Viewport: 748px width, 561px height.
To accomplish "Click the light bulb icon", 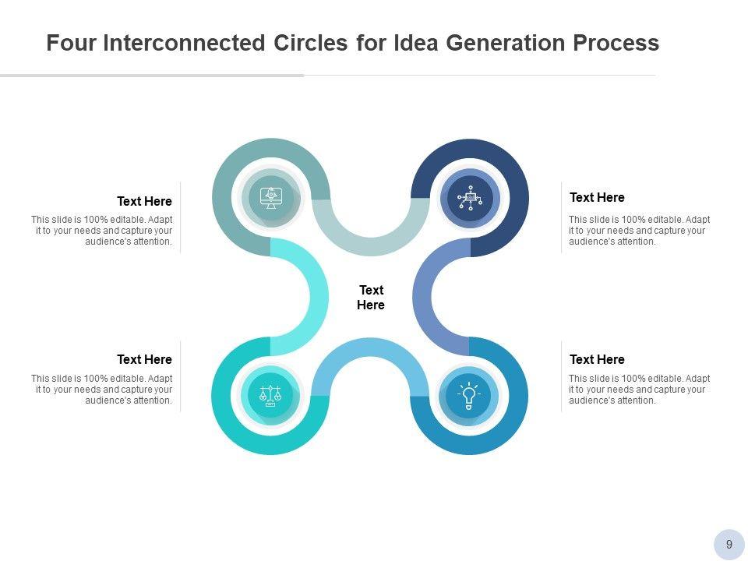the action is coord(469,396).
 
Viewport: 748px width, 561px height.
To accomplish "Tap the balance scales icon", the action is coord(270,396).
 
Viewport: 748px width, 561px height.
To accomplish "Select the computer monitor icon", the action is coord(271,197).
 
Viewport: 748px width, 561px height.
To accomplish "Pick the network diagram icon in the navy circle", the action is coord(470,198).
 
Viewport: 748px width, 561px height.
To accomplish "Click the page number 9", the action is coord(729,545).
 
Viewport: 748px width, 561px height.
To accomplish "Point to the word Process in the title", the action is coord(616,42).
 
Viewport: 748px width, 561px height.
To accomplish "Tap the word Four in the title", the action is coord(71,42).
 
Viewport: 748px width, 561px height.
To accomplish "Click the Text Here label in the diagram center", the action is coord(371,297).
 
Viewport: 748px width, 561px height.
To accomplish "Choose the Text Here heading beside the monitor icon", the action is coord(145,201).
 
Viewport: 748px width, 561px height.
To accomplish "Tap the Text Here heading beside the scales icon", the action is coord(145,359).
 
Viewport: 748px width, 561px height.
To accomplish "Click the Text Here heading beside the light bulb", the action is coord(597,359).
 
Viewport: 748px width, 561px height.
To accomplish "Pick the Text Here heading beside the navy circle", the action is coord(597,197).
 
